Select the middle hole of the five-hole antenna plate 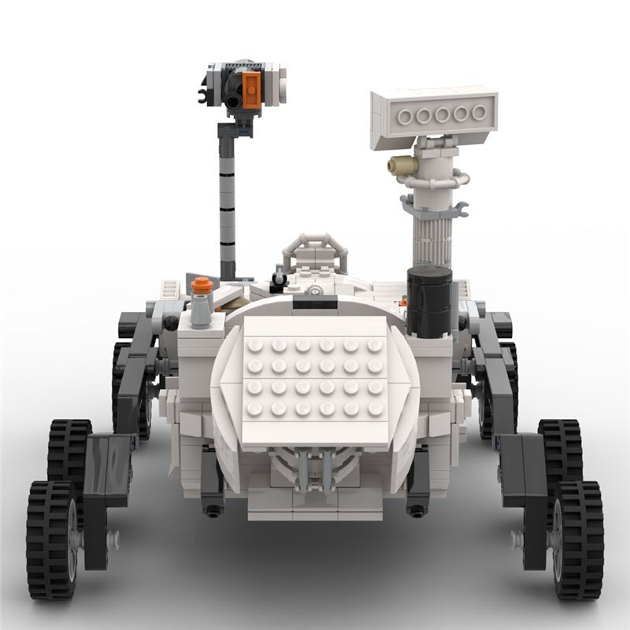[x=442, y=115]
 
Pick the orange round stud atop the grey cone [x=202, y=286]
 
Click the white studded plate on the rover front [x=315, y=378]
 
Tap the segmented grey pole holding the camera [x=227, y=205]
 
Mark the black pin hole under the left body [x=212, y=510]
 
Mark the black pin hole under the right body [x=417, y=510]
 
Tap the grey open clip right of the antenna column [x=459, y=209]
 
